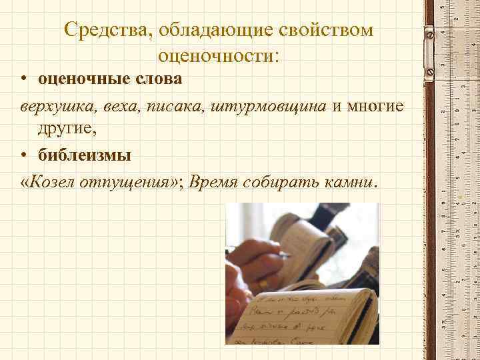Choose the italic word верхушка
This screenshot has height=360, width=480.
pos(49,106)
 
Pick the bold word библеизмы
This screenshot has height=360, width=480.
pos(84,155)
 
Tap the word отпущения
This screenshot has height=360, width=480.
pos(125,182)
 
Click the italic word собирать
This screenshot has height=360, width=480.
pos(279,182)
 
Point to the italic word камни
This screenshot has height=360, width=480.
pos(348,182)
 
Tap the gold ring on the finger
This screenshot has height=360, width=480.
pos(263,283)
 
